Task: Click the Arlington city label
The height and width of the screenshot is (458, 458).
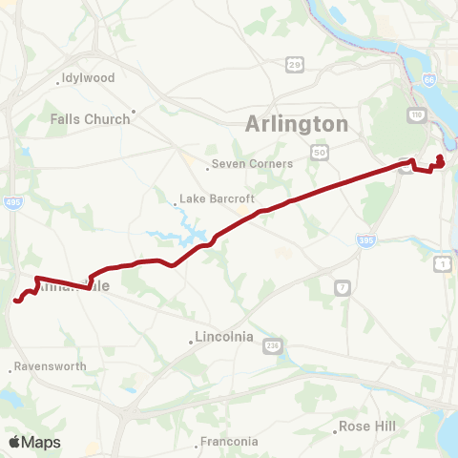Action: point(297,124)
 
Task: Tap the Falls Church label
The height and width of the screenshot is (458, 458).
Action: point(90,119)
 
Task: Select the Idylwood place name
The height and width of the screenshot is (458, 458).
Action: point(88,77)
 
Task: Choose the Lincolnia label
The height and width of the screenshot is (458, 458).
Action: point(223,337)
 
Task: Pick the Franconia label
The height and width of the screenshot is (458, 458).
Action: point(229,441)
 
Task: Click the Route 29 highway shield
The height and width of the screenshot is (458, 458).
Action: point(297,64)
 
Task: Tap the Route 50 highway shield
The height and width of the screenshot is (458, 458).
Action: point(318,152)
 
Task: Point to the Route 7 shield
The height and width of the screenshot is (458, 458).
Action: point(343,287)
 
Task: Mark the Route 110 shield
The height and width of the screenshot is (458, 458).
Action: point(417,114)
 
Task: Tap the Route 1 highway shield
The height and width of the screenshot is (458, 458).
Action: point(442,263)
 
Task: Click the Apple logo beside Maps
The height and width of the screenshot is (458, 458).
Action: point(14,442)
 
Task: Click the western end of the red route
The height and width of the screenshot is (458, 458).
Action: point(16,302)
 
